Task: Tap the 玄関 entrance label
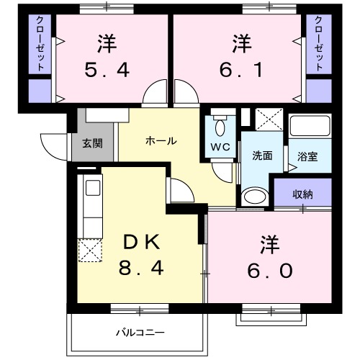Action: [92, 143]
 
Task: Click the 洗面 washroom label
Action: [261, 156]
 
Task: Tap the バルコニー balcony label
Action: [141, 333]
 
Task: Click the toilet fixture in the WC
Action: [220, 127]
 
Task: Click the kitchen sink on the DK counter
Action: [91, 189]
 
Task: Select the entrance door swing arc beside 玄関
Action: [56, 148]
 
